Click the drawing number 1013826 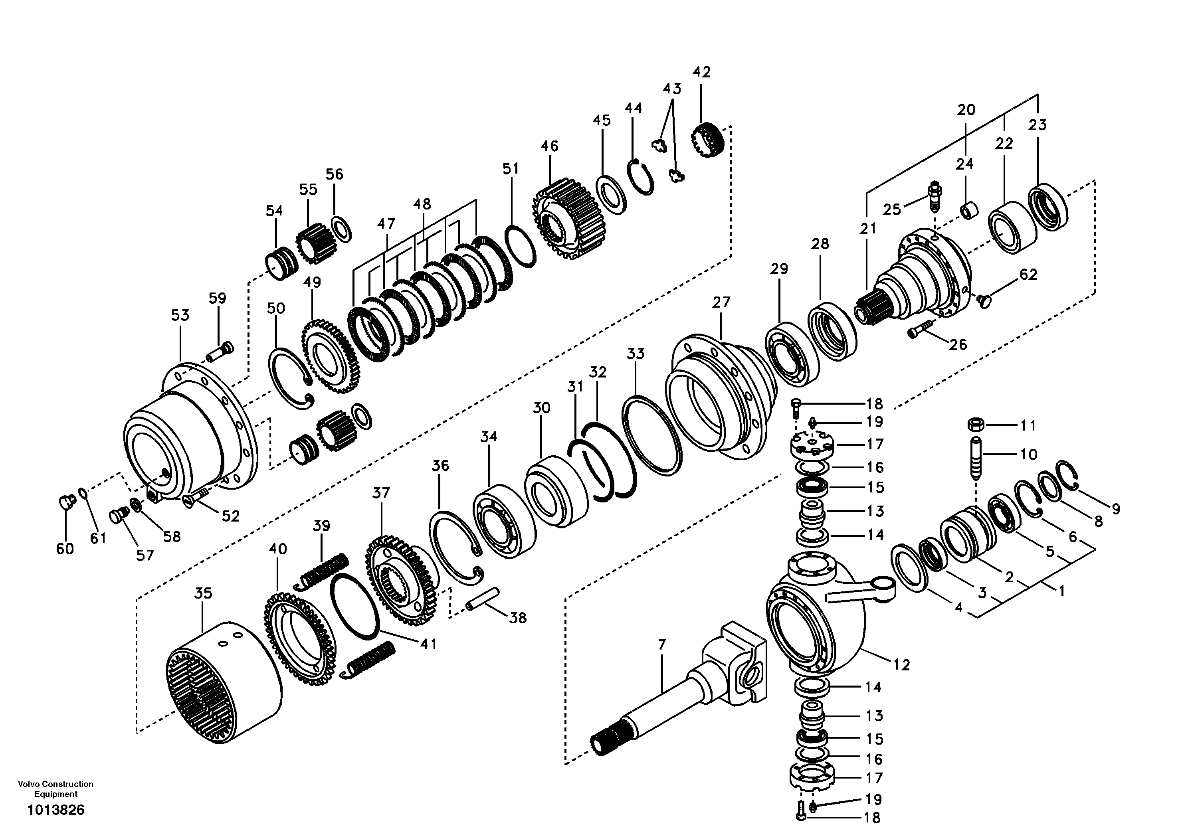tap(56, 810)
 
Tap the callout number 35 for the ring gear tap(203, 593)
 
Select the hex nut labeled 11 tap(975, 424)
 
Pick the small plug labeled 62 tap(984, 298)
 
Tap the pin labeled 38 tap(482, 599)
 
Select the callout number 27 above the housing tap(721, 302)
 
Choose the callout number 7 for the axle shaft tap(662, 644)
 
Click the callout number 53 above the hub tap(180, 315)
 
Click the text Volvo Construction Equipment tap(56, 789)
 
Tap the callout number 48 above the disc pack tap(422, 204)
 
